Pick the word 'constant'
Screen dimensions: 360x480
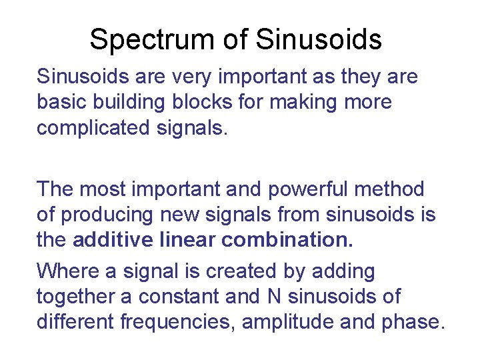tap(195, 296)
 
